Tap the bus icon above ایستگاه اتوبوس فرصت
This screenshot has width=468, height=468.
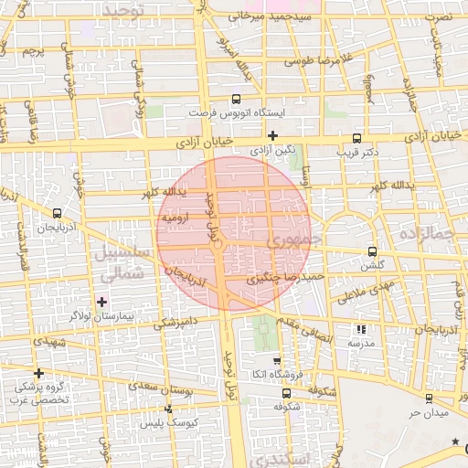[x=237, y=99]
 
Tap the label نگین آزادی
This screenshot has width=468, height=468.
[x=273, y=149]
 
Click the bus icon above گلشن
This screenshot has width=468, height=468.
[x=371, y=251]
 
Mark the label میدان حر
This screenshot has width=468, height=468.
[x=427, y=412]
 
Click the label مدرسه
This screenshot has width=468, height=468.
[x=361, y=343]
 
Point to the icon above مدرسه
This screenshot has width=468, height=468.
[x=361, y=329]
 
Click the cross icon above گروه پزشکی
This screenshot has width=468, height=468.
[x=38, y=373]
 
